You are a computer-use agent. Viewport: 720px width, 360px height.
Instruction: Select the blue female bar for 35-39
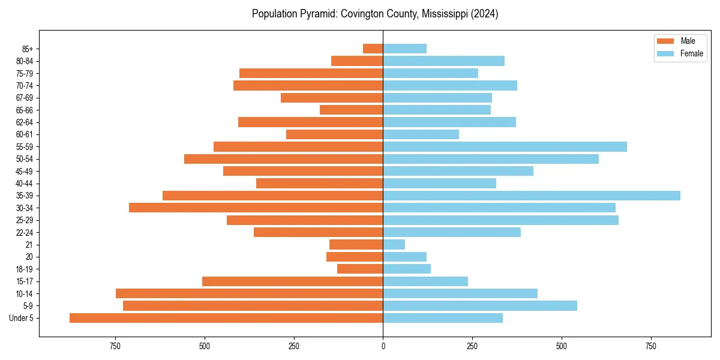(x=532, y=196)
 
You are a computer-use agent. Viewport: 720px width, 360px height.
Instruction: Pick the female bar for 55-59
(x=505, y=146)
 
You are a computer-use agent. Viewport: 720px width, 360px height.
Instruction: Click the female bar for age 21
(x=394, y=244)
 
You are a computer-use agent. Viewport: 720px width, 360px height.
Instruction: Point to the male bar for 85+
(x=373, y=49)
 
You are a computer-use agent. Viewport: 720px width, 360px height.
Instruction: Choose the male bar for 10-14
(x=249, y=293)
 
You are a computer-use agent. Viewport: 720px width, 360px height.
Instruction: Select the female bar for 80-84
(x=443, y=61)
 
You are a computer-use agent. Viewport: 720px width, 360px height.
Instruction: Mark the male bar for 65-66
(x=351, y=110)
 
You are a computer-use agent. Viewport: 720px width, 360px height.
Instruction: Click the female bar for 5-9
(x=480, y=305)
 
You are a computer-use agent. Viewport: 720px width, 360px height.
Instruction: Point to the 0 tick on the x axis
(x=383, y=346)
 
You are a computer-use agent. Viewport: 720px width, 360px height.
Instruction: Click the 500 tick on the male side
(x=205, y=346)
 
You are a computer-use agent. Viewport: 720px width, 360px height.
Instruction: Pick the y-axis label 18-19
(x=25, y=269)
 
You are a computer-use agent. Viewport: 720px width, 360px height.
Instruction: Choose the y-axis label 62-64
(x=25, y=122)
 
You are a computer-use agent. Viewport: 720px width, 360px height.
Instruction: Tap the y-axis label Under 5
(x=22, y=318)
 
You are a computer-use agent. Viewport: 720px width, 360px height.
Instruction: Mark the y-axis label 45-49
(x=25, y=172)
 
